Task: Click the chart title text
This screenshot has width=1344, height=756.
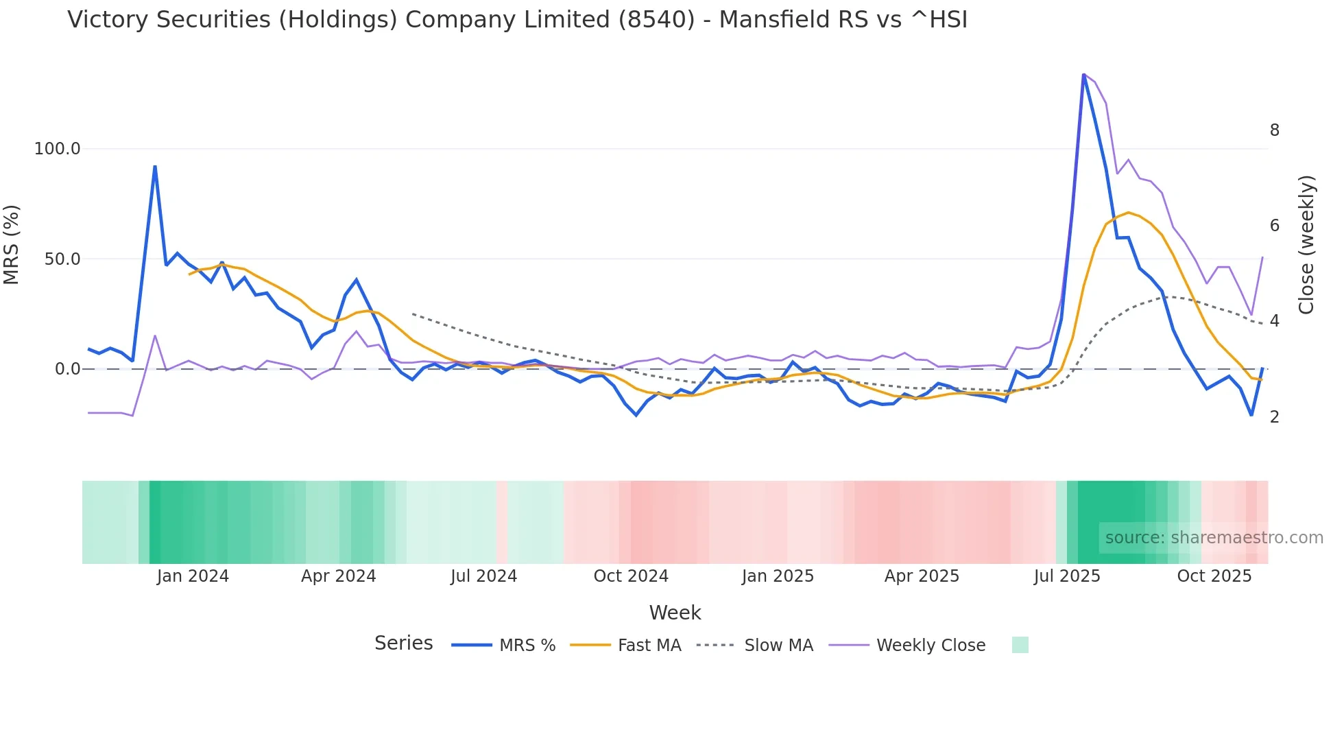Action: click(517, 20)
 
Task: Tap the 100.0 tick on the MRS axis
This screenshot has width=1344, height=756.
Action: click(57, 149)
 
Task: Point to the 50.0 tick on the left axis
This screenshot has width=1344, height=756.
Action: click(62, 259)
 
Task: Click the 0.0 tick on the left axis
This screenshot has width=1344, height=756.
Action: click(67, 369)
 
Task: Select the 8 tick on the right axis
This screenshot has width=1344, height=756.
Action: click(1274, 130)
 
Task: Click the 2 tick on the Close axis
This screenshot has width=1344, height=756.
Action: click(1274, 417)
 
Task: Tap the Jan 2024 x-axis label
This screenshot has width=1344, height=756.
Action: click(193, 576)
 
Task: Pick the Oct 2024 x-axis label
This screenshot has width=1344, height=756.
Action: click(631, 576)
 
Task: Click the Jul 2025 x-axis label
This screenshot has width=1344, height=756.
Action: click(1067, 576)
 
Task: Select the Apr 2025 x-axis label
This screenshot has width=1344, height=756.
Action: click(922, 576)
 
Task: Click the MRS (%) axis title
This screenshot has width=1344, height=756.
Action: click(12, 245)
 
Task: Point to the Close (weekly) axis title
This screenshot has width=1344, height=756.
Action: click(1307, 245)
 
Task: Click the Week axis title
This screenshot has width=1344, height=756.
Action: click(675, 613)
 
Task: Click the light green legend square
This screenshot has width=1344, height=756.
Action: click(1020, 645)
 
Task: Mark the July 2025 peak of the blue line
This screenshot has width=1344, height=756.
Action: click(1083, 74)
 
